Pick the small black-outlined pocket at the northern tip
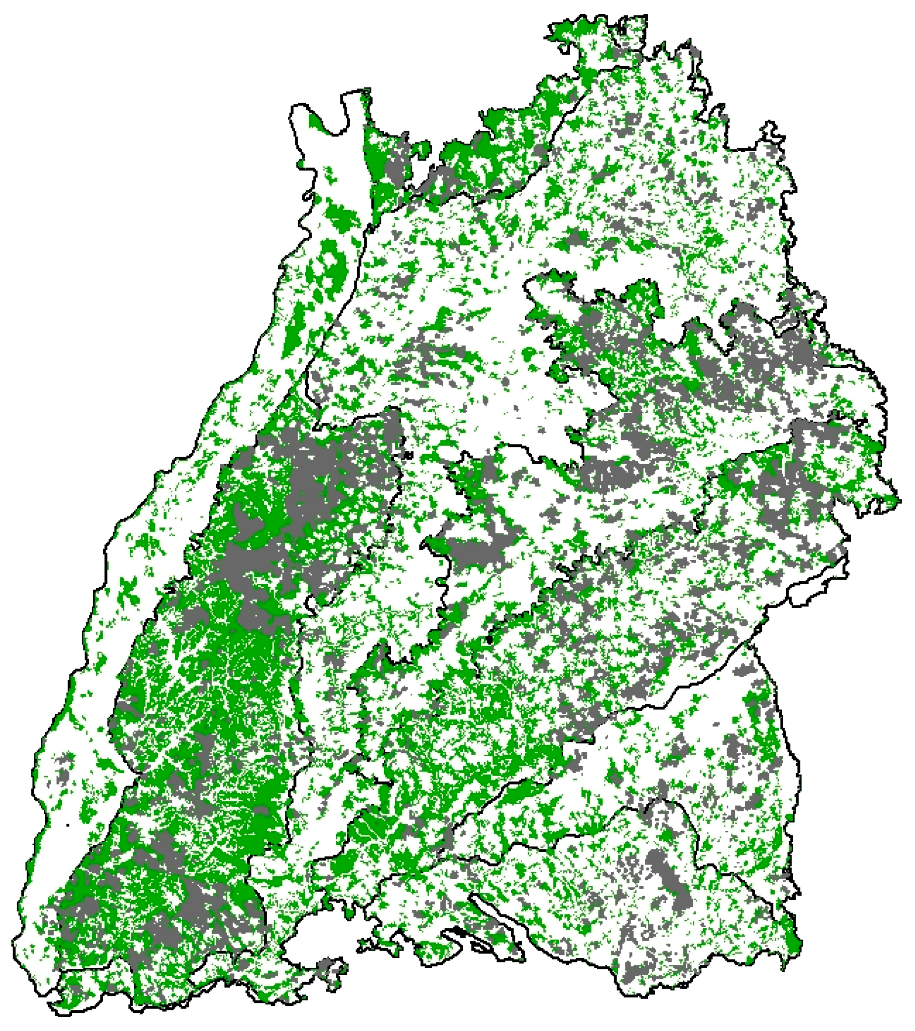622,30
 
